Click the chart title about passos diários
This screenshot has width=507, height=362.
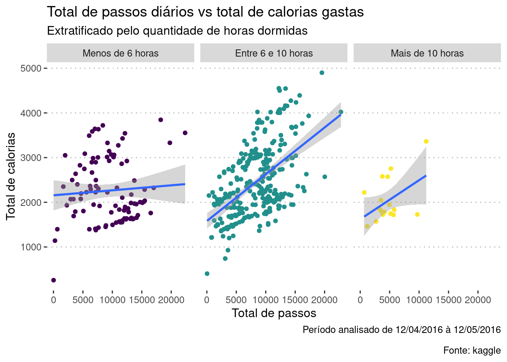[x=205, y=12]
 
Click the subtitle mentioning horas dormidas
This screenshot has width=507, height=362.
[x=177, y=31]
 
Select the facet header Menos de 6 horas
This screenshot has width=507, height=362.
[x=120, y=53]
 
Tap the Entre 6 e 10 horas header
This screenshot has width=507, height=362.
[x=274, y=53]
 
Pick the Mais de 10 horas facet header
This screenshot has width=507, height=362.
[x=427, y=53]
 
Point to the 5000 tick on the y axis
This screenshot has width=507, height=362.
[x=31, y=68]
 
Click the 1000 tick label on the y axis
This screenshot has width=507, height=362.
[x=31, y=247]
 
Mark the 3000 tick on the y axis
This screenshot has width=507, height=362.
[x=31, y=158]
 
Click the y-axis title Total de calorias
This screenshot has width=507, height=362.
[x=11, y=176]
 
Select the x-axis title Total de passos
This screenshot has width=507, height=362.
[x=274, y=313]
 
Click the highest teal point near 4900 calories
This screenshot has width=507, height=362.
[x=322, y=73]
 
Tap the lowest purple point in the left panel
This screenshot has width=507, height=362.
[x=54, y=280]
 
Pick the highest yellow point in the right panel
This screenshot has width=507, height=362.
[x=426, y=141]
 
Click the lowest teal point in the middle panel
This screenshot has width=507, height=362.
[x=207, y=274]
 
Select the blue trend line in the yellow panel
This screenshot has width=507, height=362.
[x=395, y=196]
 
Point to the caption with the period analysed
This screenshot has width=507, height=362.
[x=401, y=330]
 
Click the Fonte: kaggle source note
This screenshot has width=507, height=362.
[x=472, y=350]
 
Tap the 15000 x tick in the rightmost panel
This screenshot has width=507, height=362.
[x=449, y=300]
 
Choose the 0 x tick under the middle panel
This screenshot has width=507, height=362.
[x=207, y=300]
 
